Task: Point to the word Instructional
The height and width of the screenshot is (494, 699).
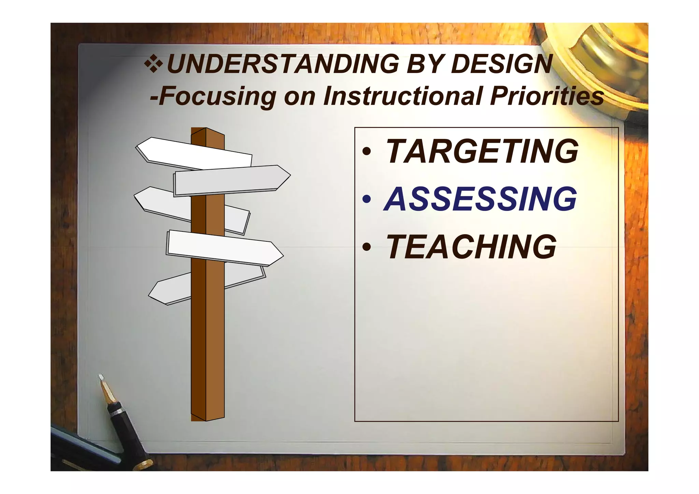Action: pos(403,96)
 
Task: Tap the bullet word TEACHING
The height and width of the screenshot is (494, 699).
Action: pos(471,246)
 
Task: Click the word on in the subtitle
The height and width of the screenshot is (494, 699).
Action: pos(300,97)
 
